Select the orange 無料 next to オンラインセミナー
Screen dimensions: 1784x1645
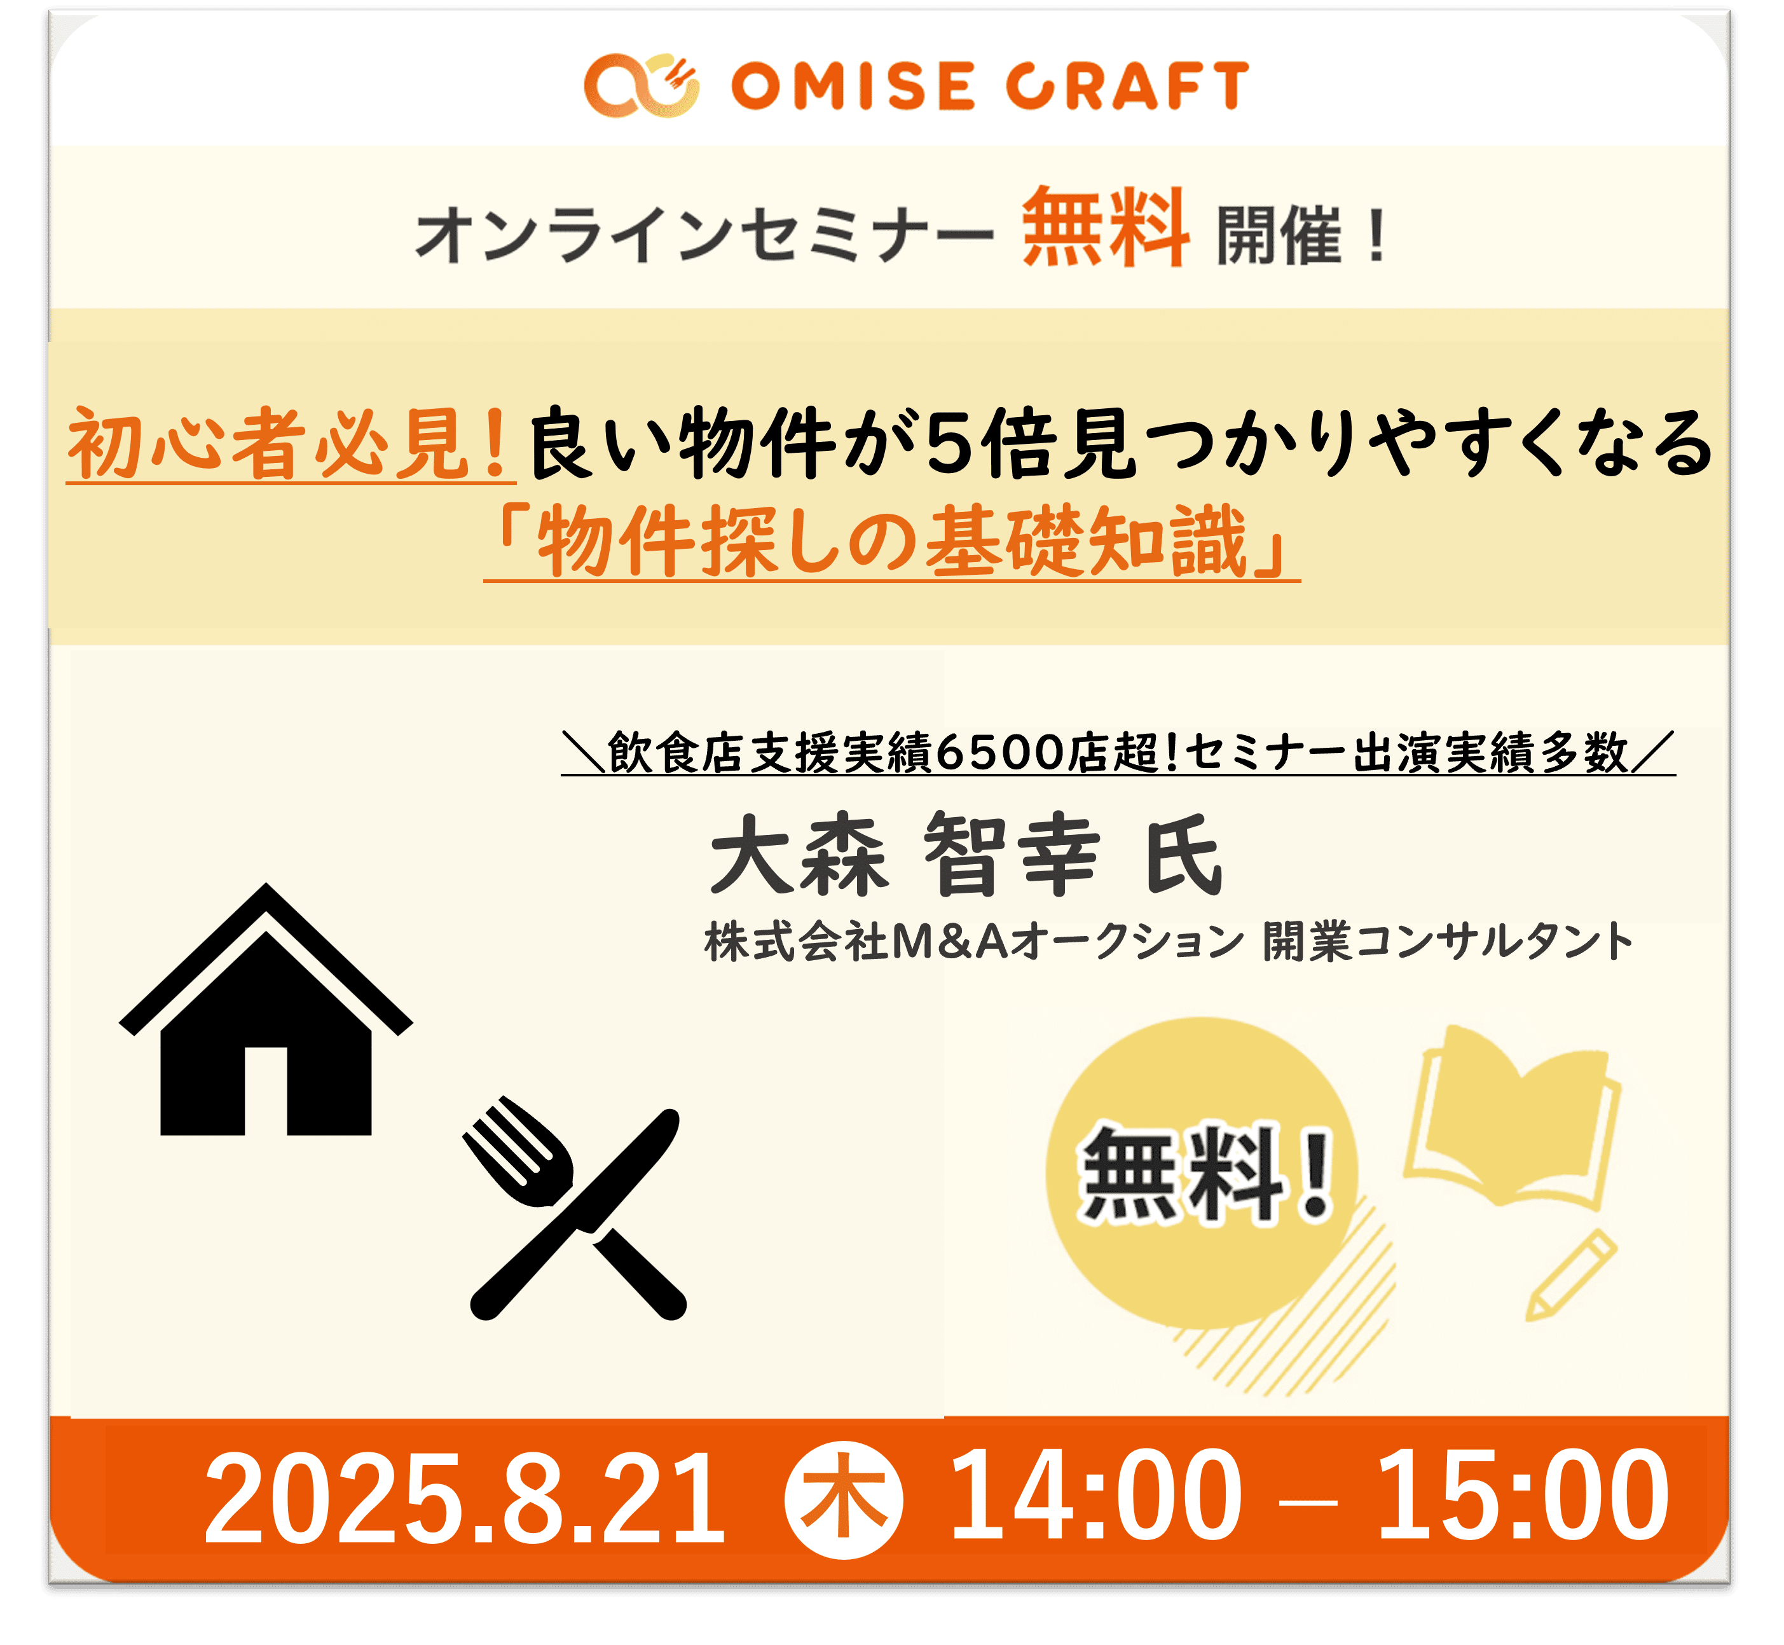(1105, 227)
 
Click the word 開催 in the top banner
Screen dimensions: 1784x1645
(1279, 236)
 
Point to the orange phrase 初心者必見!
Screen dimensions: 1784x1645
(290, 443)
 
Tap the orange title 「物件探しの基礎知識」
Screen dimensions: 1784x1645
(892, 540)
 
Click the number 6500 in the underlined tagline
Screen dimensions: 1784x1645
(1001, 753)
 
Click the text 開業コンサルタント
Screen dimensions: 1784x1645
(1448, 942)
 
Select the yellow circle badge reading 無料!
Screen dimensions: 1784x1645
(1202, 1173)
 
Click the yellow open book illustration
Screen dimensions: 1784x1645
(1513, 1118)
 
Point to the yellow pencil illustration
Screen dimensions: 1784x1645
(1570, 1275)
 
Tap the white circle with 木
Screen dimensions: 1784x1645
(843, 1501)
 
